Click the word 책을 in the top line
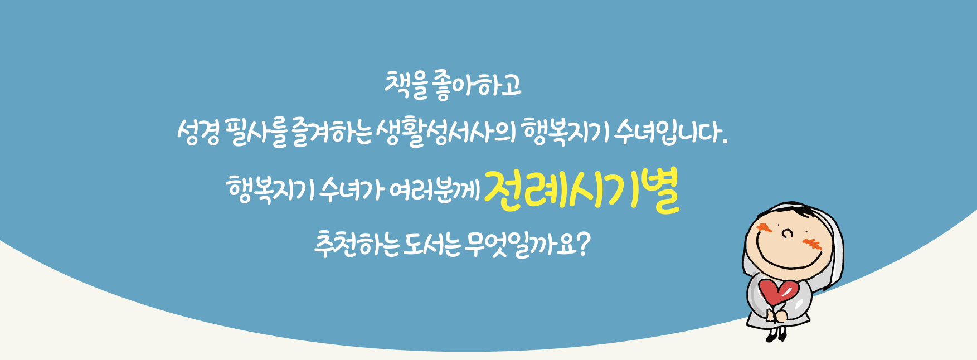click(x=405, y=85)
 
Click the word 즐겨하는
click(x=331, y=134)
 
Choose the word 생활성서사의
click(x=445, y=134)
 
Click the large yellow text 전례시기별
click(x=582, y=190)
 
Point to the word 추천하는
click(x=356, y=244)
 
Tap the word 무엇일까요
click(x=521, y=244)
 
